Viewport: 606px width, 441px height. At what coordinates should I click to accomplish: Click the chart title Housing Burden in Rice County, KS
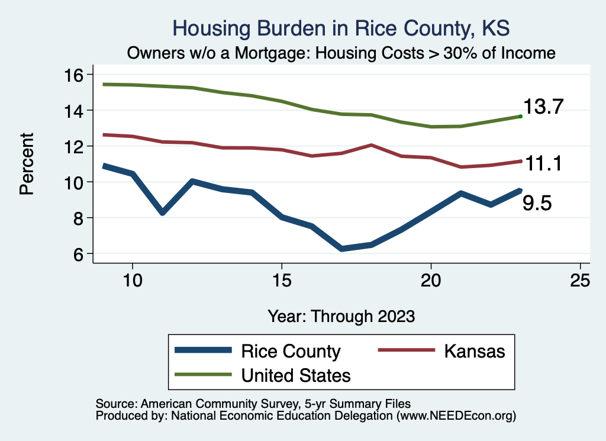340,28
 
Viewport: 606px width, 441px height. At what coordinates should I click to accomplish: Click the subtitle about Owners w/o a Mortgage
341,53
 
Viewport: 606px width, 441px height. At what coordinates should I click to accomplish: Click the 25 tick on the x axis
581,280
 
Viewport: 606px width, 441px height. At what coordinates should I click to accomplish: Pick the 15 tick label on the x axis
282,280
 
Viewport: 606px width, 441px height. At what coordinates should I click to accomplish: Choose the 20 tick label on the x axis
431,280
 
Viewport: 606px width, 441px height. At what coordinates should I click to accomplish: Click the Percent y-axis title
26,164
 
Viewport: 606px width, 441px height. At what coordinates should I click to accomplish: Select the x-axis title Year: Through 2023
341,316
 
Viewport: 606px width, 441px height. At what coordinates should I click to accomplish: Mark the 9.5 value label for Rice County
537,204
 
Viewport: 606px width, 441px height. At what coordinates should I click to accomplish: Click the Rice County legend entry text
291,351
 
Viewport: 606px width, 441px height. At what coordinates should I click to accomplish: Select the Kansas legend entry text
475,351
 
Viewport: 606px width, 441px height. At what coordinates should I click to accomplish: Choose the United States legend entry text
296,375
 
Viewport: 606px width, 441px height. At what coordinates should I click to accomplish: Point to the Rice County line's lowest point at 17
341,249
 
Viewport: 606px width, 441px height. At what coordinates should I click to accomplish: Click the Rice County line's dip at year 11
162,212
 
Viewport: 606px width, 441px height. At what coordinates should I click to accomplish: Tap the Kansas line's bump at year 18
371,145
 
